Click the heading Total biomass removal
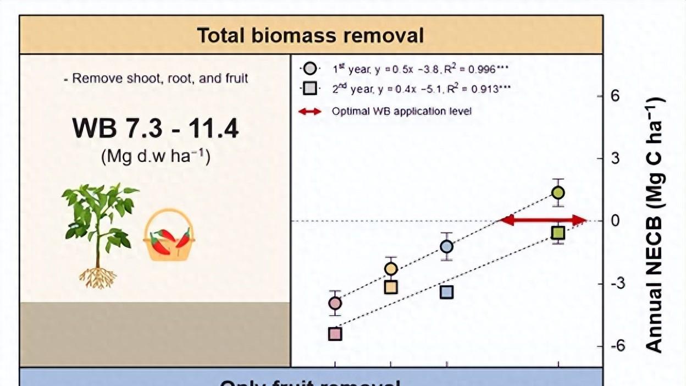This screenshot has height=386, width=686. pos(311,35)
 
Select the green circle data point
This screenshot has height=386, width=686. pos(558,192)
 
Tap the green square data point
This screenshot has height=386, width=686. pos(558,233)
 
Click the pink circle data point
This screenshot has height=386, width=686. pos(335,303)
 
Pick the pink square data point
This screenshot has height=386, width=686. pos(335,334)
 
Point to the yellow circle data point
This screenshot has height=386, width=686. pos(391,269)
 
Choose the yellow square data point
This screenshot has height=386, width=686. pos(391,287)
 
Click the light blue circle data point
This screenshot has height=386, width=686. pos(446,246)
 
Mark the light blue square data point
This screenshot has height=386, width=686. pos(446,292)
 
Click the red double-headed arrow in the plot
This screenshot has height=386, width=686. pos(543,220)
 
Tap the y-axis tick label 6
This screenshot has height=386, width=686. pos(616,96)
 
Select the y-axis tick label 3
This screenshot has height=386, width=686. pos(616,159)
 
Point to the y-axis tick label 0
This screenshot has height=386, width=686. pos(616,221)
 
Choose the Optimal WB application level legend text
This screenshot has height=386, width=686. pos(401,111)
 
